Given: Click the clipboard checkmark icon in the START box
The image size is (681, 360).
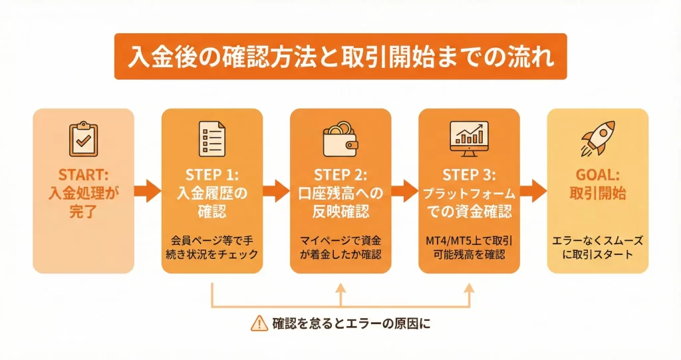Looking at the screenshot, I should pos(82,138).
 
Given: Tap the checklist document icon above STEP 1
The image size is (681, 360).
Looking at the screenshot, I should pos(211,138).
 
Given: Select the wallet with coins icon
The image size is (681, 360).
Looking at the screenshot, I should pos(340,136).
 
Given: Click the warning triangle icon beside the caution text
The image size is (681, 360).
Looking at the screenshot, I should pos(259,323).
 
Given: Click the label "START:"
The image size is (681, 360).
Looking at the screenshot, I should pos(82,175).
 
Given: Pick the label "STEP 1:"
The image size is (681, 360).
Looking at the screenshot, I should pos(211,176).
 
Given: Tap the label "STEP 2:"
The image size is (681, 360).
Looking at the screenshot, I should pos(340,176).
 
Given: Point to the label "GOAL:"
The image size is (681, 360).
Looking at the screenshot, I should pos(597,176).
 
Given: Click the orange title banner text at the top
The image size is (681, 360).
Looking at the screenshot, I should pos(340,57).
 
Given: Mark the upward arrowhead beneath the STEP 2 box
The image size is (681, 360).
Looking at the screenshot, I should pos(340,289).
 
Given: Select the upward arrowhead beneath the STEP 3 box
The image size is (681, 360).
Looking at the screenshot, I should pos(469,289).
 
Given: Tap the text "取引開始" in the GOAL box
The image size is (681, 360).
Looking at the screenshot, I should pos(597,195).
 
